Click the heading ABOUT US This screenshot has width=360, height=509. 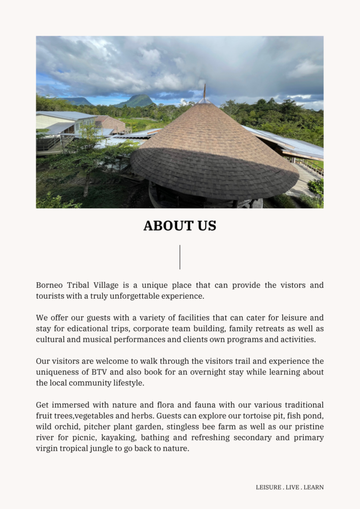point(180,226)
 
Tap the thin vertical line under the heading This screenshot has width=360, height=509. point(180,256)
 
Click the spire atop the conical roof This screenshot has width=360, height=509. point(204,91)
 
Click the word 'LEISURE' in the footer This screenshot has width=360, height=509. point(269,488)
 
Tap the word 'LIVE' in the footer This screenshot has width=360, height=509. point(292,488)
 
